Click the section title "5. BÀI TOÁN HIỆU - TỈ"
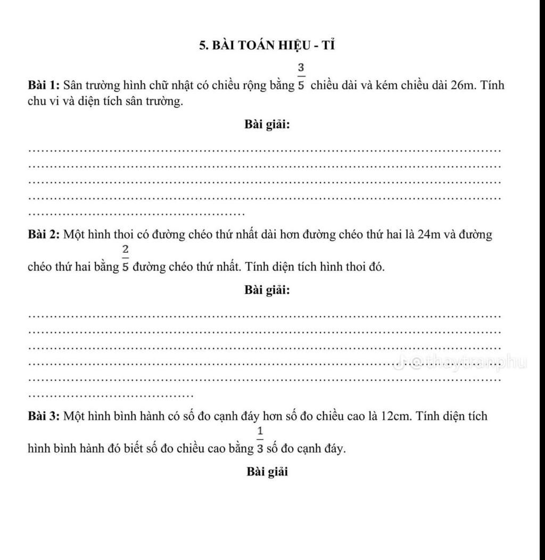267,45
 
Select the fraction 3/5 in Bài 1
301,77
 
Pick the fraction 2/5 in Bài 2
126,258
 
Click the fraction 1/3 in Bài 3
260,440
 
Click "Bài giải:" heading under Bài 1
267,125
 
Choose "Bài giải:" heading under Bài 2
267,290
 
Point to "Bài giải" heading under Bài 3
267,472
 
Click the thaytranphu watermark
461,363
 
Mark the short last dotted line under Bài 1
136,215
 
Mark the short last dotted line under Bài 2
110,396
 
